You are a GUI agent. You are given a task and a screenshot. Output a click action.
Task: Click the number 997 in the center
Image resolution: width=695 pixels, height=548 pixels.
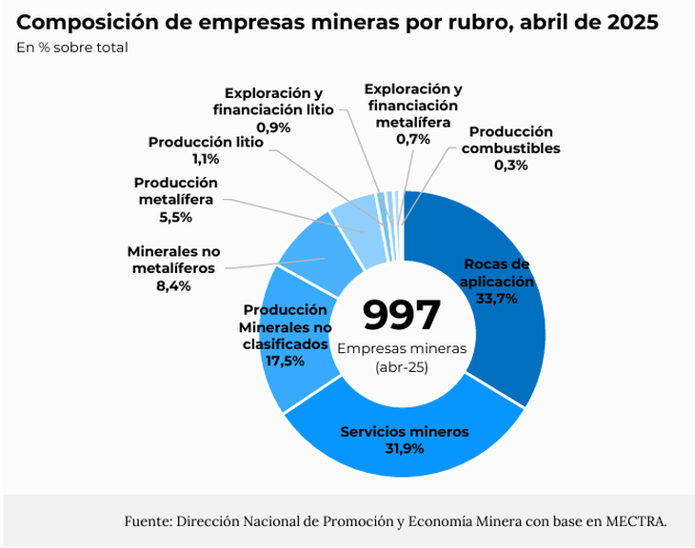(x=402, y=315)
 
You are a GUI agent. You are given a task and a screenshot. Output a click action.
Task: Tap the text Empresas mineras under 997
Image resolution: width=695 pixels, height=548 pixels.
(x=402, y=348)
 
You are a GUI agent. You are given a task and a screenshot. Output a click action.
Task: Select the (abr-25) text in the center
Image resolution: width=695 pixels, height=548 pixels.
(x=402, y=366)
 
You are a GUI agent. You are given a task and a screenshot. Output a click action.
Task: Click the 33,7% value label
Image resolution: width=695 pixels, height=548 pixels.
(x=495, y=299)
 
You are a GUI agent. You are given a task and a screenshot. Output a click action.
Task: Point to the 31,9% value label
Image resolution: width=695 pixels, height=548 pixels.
(x=405, y=449)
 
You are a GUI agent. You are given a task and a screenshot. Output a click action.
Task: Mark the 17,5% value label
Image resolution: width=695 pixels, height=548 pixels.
(x=286, y=361)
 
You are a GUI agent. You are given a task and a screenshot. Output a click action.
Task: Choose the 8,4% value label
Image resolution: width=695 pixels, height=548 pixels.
(x=173, y=285)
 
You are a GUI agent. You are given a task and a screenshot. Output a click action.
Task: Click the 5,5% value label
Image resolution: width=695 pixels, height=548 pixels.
(x=176, y=217)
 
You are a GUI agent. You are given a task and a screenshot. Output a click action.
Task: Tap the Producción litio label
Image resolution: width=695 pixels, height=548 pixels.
(x=206, y=143)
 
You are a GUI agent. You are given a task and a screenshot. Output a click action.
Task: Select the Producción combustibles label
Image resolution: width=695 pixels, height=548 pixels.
(x=510, y=140)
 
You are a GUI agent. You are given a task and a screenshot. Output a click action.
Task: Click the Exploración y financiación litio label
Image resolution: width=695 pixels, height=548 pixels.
(x=273, y=102)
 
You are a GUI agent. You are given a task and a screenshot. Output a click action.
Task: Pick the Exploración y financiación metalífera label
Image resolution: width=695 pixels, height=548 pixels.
(x=412, y=105)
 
